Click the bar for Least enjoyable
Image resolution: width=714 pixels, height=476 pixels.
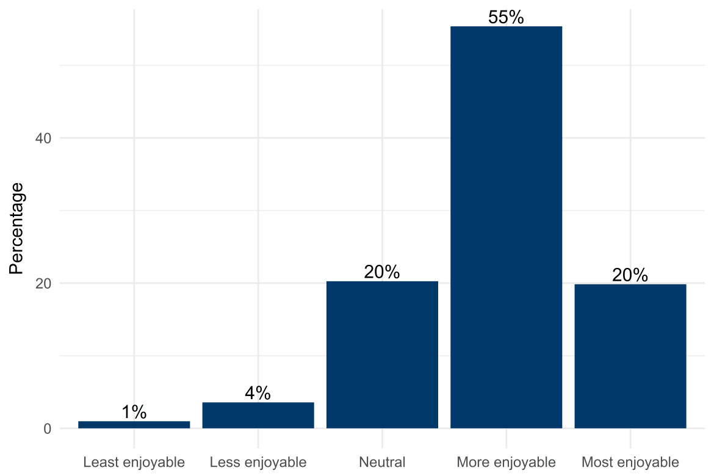point(134,425)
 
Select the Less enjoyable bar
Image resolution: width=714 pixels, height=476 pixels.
point(258,415)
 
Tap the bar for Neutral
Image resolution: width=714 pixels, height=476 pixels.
point(382,355)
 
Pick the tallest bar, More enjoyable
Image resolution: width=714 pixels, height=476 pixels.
point(506,227)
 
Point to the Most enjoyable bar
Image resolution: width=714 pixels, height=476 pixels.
point(630,356)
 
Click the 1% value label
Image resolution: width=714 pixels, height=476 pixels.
point(134,413)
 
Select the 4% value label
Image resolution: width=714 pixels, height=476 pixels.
point(258,394)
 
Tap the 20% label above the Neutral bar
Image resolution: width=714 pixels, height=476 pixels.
point(382,272)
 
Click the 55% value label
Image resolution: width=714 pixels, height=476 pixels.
point(506,18)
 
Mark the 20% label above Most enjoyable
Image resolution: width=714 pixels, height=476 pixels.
point(630,275)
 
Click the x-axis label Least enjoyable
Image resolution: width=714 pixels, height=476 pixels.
point(134,461)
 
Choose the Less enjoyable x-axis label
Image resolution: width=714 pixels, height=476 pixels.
point(258,461)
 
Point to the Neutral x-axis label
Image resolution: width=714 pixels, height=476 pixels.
point(382,461)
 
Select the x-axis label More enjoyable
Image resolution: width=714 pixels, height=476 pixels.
point(506,461)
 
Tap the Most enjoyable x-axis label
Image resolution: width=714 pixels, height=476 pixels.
point(630,461)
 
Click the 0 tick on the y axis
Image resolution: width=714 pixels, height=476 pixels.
point(46,428)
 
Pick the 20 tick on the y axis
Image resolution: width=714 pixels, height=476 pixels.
point(43,283)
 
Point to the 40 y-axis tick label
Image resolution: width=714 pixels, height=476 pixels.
point(43,139)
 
